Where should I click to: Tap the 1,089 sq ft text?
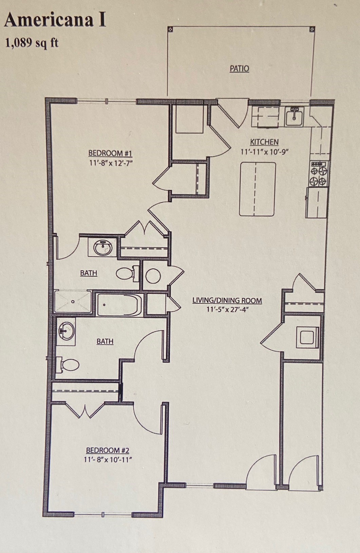[32, 43]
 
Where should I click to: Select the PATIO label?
[239, 69]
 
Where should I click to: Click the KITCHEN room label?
[264, 142]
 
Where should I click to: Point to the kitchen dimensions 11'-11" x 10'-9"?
[264, 151]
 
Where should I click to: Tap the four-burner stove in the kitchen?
[319, 174]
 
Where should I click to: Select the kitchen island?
[257, 189]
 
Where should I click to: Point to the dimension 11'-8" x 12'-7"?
[110, 163]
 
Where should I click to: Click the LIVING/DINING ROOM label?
[227, 300]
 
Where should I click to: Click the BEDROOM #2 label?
[108, 450]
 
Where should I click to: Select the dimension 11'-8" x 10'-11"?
[108, 460]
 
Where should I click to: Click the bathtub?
[117, 305]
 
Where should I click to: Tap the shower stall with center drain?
[73, 301]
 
